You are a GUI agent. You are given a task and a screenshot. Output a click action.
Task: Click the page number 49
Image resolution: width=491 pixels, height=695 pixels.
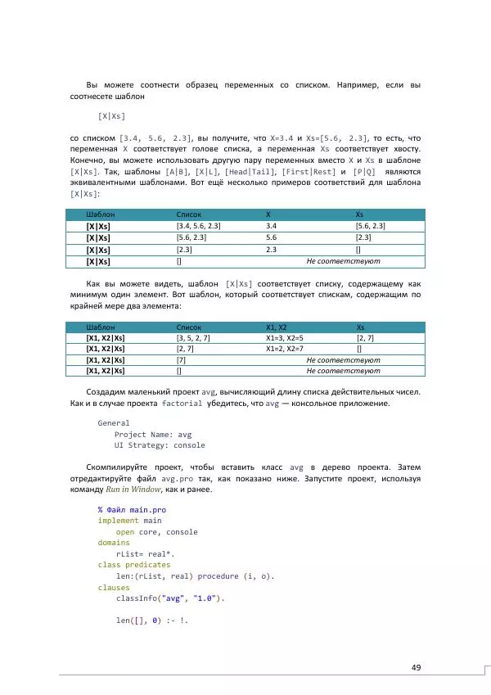pyautogui.click(x=416, y=668)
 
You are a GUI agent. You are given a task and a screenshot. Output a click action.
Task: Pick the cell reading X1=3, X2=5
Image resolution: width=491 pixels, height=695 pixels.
pyautogui.click(x=285, y=337)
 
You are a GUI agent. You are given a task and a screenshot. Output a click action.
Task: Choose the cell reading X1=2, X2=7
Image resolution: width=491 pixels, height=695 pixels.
pyautogui.click(x=285, y=348)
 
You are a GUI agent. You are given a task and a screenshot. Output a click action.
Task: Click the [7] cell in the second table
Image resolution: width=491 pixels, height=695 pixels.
pyautogui.click(x=181, y=359)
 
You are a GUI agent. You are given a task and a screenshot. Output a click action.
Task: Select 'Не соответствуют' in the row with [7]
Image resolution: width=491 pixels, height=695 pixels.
pyautogui.click(x=343, y=359)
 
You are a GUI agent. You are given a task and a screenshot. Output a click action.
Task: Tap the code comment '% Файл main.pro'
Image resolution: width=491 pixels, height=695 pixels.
pyautogui.click(x=132, y=508)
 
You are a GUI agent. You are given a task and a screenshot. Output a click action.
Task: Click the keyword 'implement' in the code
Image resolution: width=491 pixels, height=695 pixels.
pyautogui.click(x=119, y=520)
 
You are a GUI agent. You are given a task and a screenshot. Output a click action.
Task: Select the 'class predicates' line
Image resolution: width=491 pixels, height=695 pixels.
pyautogui.click(x=134, y=565)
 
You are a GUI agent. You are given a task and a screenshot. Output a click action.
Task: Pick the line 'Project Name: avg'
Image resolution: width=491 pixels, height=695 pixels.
pyautogui.click(x=153, y=435)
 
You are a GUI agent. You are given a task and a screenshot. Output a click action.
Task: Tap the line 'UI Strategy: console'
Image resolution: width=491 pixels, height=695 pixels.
pyautogui.click(x=160, y=445)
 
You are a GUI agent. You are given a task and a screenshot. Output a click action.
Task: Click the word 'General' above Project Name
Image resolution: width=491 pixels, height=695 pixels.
pyautogui.click(x=114, y=423)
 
